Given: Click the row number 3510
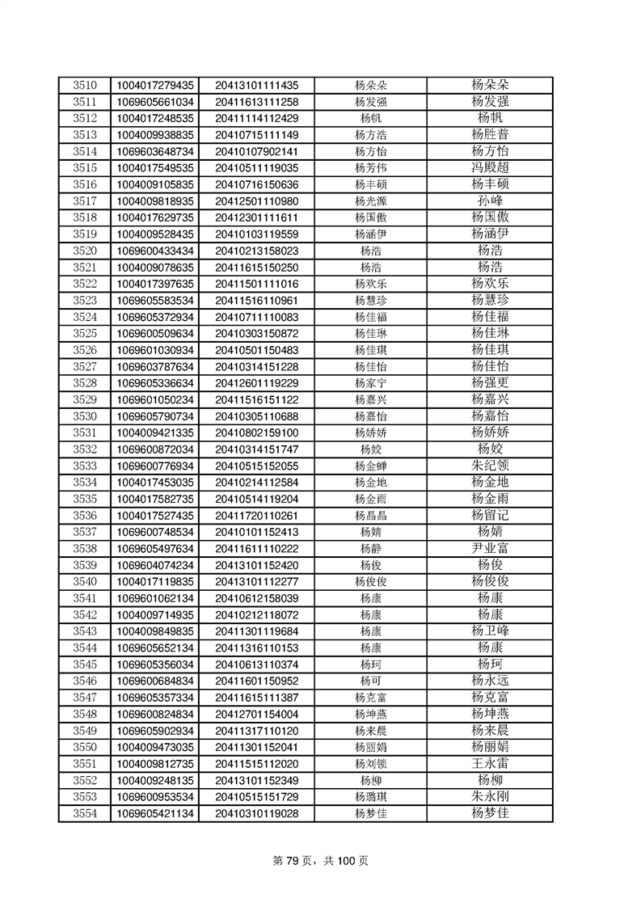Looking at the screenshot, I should coord(85,85).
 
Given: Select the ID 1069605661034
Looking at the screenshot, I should coord(155,102).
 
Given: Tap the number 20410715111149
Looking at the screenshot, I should coord(256,135).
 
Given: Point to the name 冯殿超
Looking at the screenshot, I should coord(490,168).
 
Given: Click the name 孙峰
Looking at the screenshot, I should coord(490,201).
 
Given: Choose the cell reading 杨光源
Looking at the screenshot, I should coord(370,201).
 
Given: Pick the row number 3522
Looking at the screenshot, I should coord(85,284).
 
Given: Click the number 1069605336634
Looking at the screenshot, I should coord(155,383).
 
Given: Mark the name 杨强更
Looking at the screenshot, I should coord(490,383).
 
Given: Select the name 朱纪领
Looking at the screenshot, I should coord(490,466).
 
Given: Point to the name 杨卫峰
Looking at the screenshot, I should coord(490,631).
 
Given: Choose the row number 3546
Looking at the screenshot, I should coord(85,681).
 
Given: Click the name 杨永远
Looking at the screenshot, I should coord(490,681).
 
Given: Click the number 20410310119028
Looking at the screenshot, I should coord(256,813).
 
